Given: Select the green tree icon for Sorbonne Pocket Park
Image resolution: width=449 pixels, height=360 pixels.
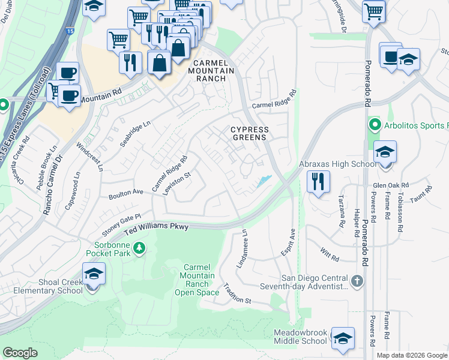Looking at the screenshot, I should (139, 248).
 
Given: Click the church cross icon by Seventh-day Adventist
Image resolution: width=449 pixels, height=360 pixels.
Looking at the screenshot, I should (357, 281).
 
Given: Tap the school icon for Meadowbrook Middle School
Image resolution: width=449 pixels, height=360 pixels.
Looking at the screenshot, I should (342, 338).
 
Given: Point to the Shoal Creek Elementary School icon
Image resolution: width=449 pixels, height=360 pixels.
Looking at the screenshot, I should (93, 275).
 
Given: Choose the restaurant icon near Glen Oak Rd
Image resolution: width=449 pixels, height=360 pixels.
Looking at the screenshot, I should (318, 181).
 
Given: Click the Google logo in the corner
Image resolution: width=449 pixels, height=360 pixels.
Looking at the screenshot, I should (20, 353).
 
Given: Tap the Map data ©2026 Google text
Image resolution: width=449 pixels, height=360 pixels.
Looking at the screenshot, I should (412, 355).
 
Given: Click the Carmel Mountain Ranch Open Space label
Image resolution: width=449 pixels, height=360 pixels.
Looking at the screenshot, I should (197, 279).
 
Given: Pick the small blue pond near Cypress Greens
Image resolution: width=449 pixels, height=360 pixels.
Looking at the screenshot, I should (263, 181).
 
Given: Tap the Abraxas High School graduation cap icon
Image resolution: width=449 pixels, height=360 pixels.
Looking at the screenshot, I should (385, 152).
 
